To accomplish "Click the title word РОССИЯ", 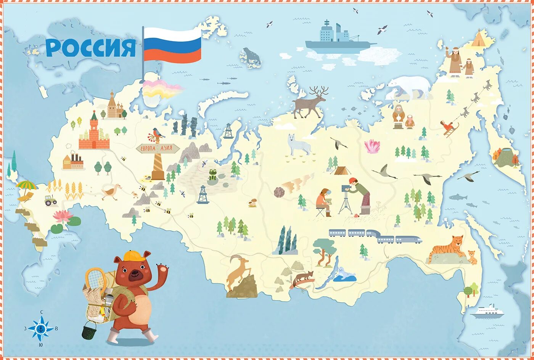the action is pos(90,48).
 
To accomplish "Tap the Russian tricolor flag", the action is pos(172,45).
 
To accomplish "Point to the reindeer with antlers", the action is pos(311,102).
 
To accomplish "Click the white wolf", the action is pos(299,145).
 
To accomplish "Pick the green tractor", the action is pos(50,200).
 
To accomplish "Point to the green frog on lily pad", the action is pos(212,175).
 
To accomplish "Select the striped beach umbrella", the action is pos(26,185).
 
